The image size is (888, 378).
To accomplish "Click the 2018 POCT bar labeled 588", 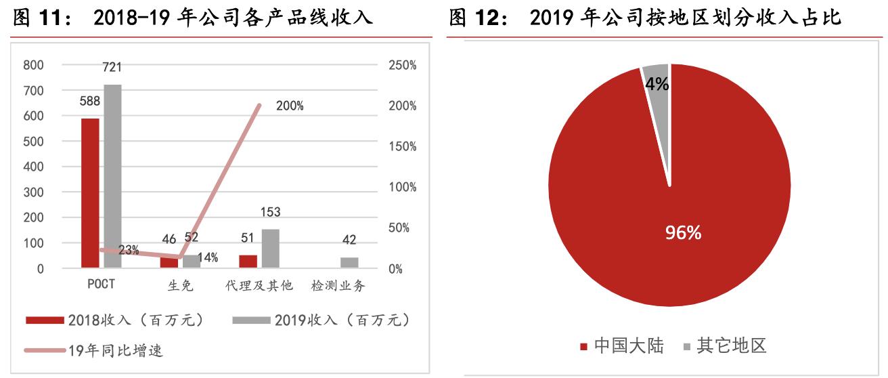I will [90, 193].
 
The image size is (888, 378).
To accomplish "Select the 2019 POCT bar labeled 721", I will [112, 176].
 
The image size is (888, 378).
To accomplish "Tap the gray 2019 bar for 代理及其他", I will [270, 249].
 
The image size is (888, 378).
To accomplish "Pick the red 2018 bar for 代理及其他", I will [248, 261].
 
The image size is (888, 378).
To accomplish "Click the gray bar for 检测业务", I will [349, 263].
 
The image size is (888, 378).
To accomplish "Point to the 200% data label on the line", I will [290, 106].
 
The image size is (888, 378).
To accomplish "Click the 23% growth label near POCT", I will [129, 251].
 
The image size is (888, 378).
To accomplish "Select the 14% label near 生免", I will [208, 257].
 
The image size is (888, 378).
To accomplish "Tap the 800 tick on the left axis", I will [33, 65].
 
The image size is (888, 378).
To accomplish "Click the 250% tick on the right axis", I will [403, 65].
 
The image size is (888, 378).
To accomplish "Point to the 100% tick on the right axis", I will [403, 188].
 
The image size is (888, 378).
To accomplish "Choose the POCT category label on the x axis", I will [101, 285].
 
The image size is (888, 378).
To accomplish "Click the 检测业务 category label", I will [338, 285].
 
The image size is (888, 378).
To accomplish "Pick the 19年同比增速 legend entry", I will [95, 350].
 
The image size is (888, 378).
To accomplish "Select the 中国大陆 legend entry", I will [623, 346].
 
